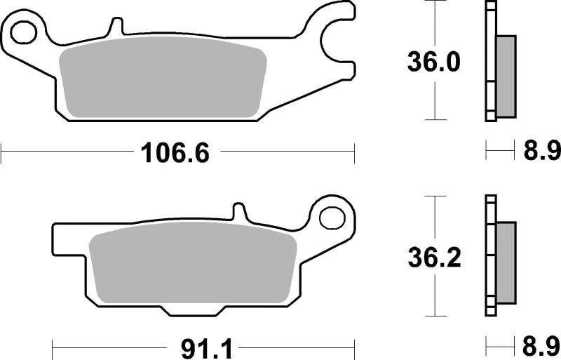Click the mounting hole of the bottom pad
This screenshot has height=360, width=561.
tap(328, 216)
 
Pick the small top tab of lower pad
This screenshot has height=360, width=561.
tap(239, 210)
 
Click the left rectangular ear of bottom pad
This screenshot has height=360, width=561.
tap(70, 242)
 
